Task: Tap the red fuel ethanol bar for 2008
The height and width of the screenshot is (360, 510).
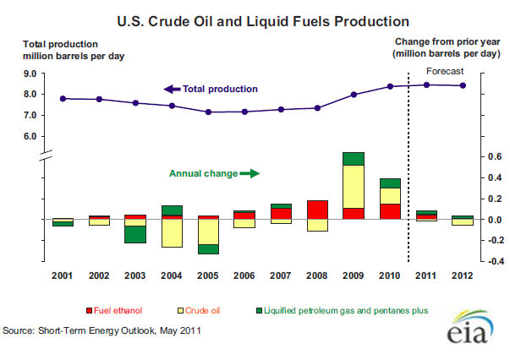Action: (317, 210)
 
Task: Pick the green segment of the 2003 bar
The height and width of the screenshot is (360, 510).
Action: (135, 234)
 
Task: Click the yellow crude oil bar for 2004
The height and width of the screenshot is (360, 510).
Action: (173, 232)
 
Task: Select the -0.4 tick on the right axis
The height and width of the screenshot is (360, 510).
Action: (493, 261)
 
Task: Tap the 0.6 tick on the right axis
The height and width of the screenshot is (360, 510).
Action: (494, 157)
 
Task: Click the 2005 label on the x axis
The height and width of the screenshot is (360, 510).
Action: (209, 275)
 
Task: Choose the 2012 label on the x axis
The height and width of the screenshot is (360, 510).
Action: (463, 275)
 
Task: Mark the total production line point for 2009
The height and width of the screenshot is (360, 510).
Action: (354, 95)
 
